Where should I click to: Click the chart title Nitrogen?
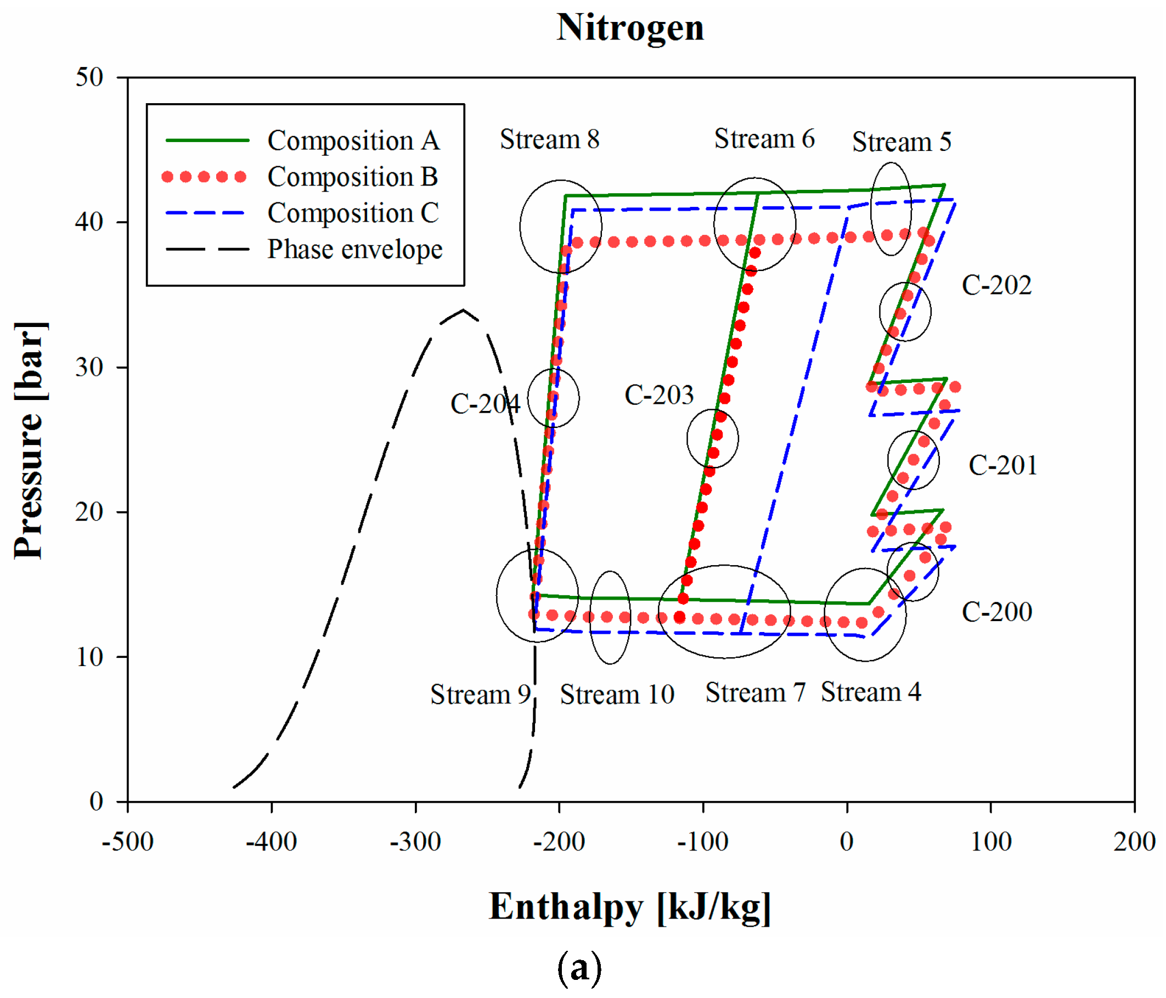point(630,27)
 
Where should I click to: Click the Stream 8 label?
point(549,139)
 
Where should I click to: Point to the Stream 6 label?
point(764,138)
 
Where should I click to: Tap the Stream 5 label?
point(902,142)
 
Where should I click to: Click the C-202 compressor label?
point(996,285)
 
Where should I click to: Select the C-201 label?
point(1002,466)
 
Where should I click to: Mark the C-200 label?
point(996,612)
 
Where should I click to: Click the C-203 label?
point(659,395)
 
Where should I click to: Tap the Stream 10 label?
point(617,695)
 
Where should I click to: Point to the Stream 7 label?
point(755,693)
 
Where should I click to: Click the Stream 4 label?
point(871,692)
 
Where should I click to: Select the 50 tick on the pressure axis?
point(90,78)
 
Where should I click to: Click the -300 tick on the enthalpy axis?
point(415,842)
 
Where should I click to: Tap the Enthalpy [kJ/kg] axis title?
point(629,907)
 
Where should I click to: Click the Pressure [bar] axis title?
point(29,441)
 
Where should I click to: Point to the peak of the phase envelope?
point(463,310)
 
